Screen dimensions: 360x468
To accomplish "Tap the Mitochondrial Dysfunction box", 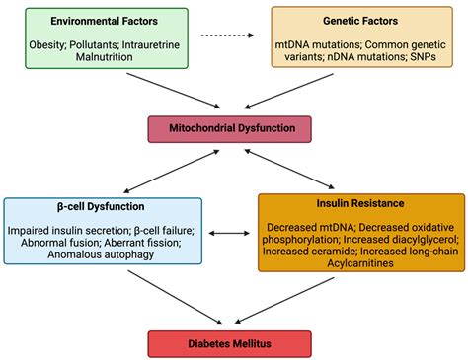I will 230,128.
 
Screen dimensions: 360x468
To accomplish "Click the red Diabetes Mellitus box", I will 230,344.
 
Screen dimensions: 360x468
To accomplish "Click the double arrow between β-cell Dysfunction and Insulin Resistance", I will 230,234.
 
